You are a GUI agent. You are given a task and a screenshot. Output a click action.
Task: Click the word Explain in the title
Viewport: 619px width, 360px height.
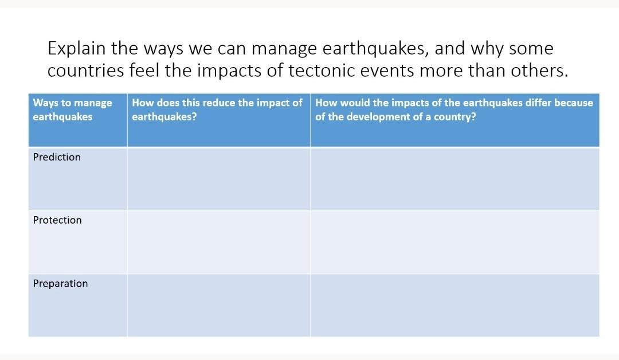click(x=77, y=49)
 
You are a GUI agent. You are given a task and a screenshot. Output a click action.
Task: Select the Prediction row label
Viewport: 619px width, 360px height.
click(x=57, y=157)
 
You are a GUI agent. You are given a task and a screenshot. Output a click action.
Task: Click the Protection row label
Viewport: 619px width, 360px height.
click(x=57, y=220)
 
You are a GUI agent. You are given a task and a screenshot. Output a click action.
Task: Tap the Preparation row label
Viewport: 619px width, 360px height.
click(x=60, y=284)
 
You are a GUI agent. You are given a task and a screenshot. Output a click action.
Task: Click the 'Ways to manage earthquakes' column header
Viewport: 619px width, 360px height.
click(x=73, y=109)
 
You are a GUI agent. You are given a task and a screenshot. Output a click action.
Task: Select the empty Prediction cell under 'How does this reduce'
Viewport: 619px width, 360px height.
click(x=219, y=179)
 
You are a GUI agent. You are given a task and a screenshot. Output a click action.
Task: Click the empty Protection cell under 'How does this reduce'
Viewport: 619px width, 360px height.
click(x=219, y=242)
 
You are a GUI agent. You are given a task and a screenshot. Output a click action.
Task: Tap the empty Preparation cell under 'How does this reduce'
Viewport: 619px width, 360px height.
click(x=219, y=306)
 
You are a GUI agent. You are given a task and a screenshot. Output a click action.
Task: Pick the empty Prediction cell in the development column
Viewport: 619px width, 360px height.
click(x=455, y=179)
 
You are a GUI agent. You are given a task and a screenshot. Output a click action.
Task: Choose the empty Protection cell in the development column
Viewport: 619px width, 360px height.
click(x=455, y=242)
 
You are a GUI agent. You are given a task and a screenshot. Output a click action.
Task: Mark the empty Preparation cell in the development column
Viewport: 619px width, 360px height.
click(x=455, y=306)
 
